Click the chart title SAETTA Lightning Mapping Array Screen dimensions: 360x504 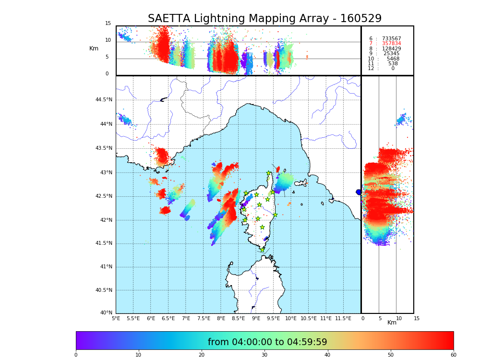(264, 19)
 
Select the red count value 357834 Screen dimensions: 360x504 (391, 44)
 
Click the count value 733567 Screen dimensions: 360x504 (391, 39)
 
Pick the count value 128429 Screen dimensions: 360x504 (391, 49)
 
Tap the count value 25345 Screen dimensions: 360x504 (391, 54)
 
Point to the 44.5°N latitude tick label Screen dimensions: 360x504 (104, 100)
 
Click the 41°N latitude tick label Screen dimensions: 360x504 (105, 267)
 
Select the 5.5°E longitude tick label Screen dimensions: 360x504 (133, 318)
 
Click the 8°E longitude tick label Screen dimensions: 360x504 (221, 318)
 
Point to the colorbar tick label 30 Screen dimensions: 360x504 (264, 355)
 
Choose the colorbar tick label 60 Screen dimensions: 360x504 (453, 355)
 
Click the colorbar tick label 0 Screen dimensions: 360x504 (76, 355)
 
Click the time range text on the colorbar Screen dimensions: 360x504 (267, 342)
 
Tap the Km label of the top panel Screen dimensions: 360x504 (94, 48)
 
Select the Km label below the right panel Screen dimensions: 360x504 (392, 323)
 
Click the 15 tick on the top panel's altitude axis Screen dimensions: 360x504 (108, 24)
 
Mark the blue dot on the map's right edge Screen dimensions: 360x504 (359, 192)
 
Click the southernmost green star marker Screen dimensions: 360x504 (262, 250)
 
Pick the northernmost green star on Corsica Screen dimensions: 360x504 (269, 173)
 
